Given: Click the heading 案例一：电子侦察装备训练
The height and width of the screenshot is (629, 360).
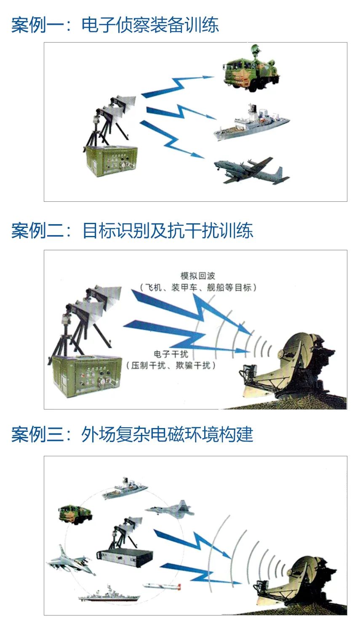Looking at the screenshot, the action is [115, 25].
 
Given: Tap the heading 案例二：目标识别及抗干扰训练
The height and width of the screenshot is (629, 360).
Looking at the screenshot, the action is [132, 230].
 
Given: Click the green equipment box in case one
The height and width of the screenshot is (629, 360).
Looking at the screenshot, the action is [111, 161].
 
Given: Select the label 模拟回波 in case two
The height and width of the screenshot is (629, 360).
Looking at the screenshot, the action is [198, 276].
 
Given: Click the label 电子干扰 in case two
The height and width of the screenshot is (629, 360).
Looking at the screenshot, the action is [171, 354].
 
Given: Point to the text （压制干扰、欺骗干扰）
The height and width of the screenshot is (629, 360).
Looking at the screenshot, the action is [171, 365].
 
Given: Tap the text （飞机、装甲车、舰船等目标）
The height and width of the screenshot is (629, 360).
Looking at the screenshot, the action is [198, 287].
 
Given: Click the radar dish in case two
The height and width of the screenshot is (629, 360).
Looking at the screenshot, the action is [292, 368].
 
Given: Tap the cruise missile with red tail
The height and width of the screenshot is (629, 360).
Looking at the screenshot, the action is [162, 586].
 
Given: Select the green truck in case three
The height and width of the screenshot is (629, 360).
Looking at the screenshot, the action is [75, 514].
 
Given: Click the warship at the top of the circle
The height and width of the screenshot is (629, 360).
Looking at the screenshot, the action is [125, 489].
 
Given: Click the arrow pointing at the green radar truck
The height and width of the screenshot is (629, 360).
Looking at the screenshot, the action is [177, 86].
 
